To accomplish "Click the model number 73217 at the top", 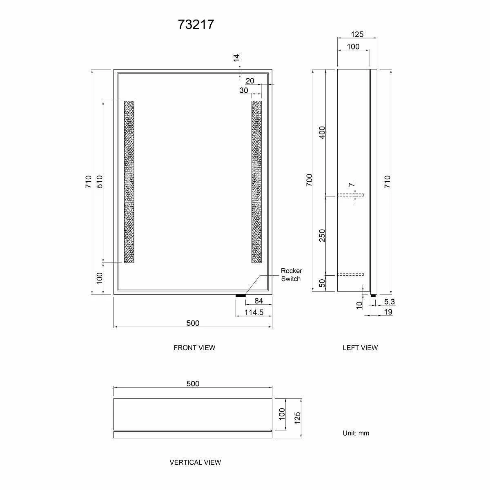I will point(196,25).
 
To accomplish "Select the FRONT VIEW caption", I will point(194,347).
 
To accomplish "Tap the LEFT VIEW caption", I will point(360,347).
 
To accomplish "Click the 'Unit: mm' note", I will point(356,433).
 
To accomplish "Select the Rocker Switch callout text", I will point(291,275).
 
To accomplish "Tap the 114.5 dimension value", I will point(254,312).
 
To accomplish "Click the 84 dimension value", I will point(258,301).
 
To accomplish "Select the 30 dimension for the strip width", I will point(244,90).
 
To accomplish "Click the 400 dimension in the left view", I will point(322,133).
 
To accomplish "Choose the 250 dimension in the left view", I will point(322,235).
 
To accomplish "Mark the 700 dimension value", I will point(309,180).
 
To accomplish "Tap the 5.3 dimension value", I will point(390,302).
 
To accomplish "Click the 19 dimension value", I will point(388,312).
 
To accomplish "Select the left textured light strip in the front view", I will point(129,182).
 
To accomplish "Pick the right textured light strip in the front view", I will point(256,182).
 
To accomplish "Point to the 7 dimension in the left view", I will point(351,185).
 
